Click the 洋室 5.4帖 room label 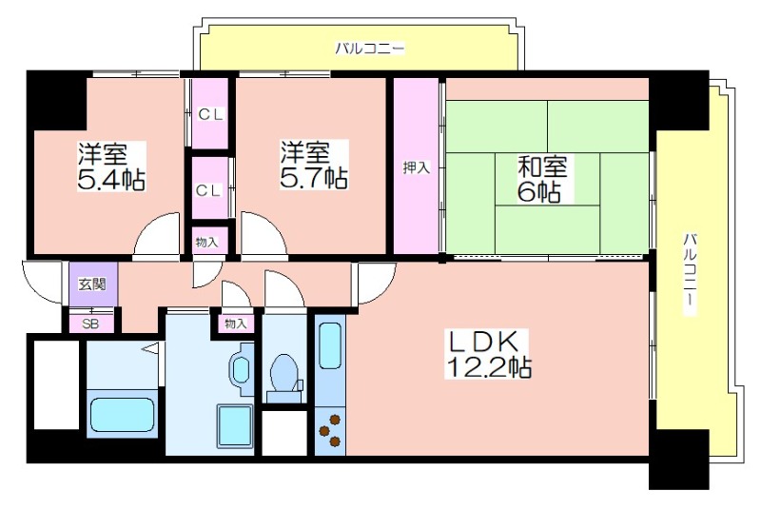coord(111,167)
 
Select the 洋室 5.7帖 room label coord(314,165)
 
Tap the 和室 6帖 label coord(541,179)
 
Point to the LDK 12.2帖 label coord(488,354)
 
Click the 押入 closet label coord(416,167)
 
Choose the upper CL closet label coord(210,114)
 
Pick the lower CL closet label coord(208,190)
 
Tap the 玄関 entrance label coord(92,284)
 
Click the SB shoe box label coord(90,324)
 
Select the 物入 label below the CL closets coord(206,242)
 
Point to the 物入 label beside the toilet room coord(236,324)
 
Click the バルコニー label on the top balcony coord(370,49)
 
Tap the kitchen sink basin coord(330,346)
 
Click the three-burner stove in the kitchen coord(329,429)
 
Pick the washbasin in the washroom coord(241,370)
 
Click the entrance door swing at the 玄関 coord(41,284)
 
